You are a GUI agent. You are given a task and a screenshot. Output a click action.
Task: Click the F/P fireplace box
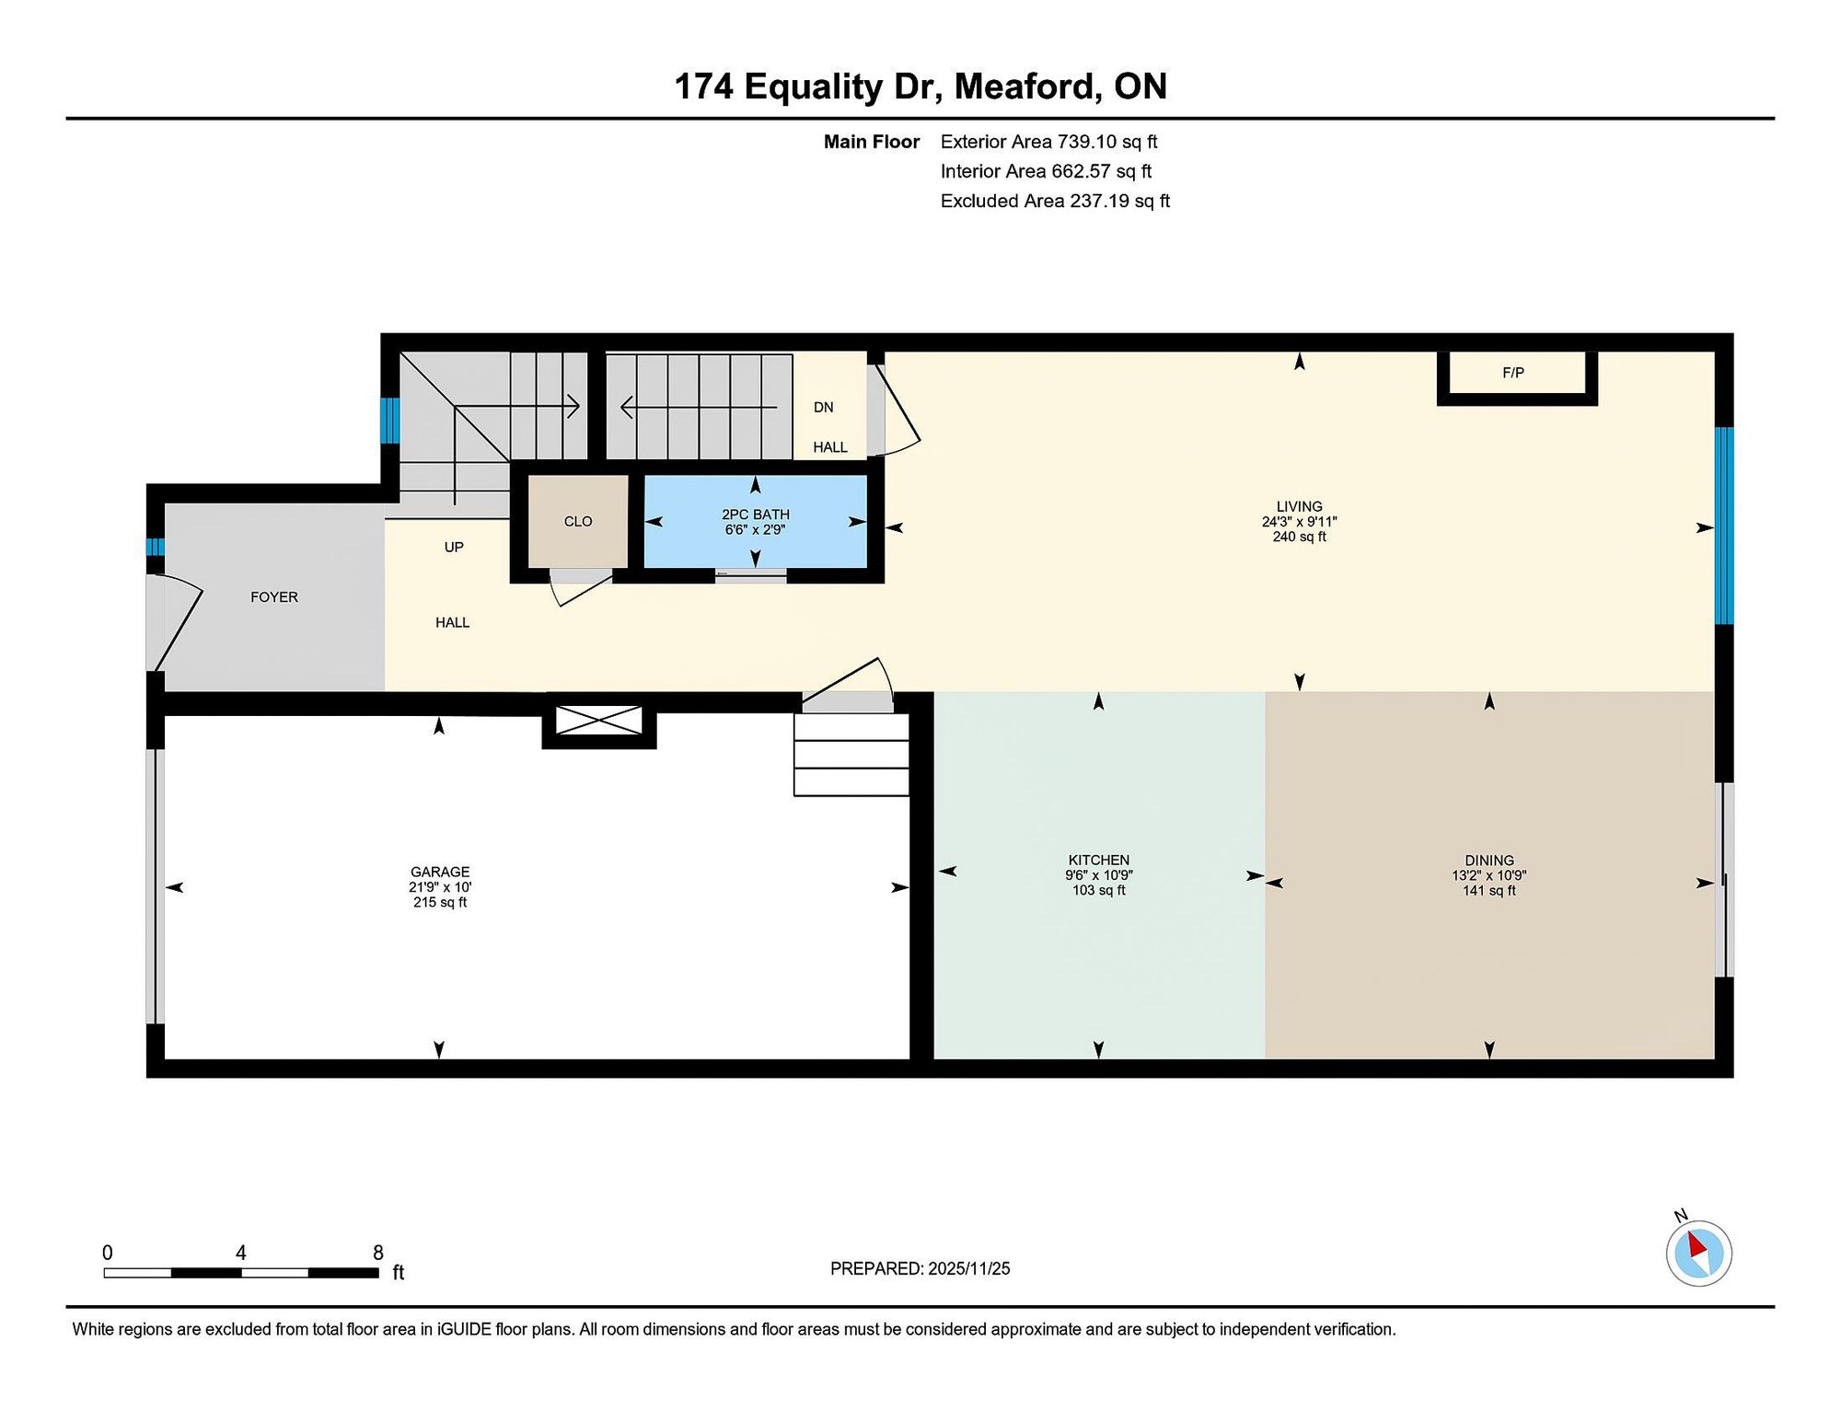click(1517, 377)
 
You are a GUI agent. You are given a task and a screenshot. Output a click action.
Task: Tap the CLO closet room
click(578, 521)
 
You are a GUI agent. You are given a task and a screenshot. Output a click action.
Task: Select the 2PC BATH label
click(756, 514)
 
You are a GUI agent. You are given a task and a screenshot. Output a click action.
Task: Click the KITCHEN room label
click(1099, 860)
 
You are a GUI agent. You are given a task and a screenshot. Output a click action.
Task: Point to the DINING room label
click(1489, 861)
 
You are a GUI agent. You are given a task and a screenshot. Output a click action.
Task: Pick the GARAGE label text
click(440, 872)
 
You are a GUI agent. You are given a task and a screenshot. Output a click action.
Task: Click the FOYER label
click(274, 597)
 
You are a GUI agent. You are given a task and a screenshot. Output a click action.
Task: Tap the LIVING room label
click(1300, 506)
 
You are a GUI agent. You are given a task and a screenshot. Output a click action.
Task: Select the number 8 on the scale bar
click(378, 1253)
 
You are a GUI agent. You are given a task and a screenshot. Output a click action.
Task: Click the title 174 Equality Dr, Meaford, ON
click(920, 87)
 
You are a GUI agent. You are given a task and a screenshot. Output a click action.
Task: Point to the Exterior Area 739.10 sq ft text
click(1048, 142)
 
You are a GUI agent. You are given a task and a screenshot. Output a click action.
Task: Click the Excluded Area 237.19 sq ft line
click(1055, 201)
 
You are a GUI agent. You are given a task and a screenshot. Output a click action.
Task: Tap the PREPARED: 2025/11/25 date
click(920, 1268)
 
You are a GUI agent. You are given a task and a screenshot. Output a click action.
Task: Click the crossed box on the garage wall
click(599, 721)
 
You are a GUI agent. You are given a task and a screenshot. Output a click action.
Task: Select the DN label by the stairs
click(824, 408)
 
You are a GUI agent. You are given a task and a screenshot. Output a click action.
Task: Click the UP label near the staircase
click(454, 547)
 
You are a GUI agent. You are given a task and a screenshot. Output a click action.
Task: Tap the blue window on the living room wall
click(1724, 526)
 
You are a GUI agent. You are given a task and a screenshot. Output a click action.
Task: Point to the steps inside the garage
click(851, 755)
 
